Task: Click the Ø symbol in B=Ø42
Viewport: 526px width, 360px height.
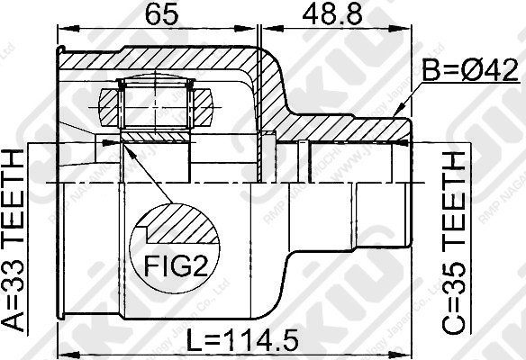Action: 469,70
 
